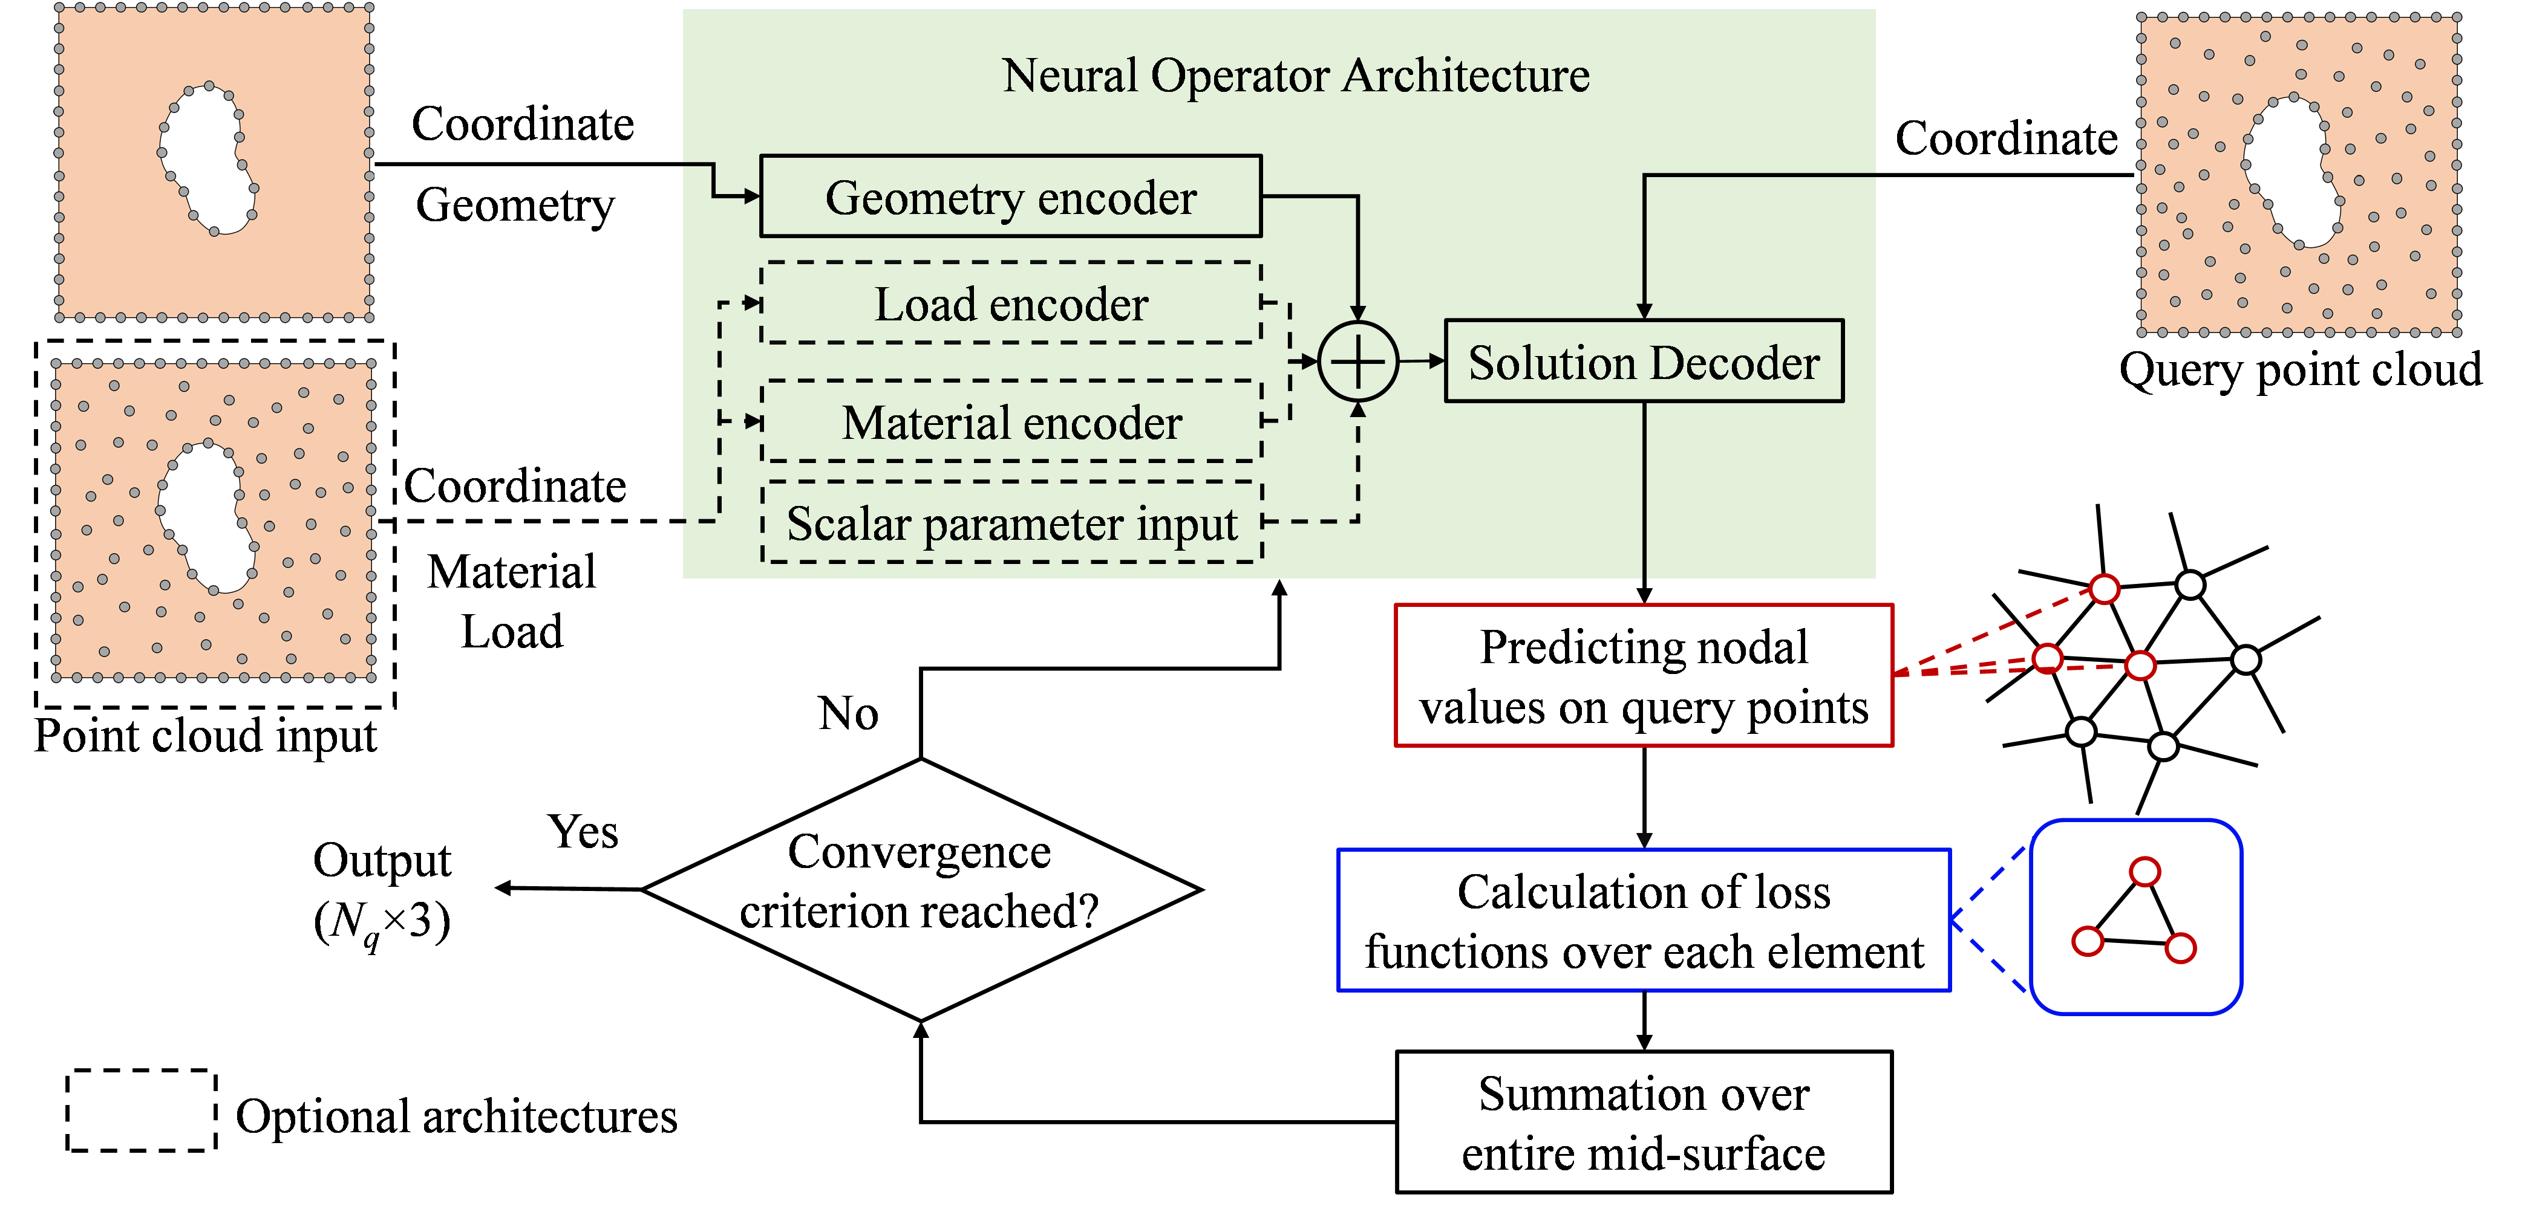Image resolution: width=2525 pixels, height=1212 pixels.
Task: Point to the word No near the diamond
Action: pos(848,713)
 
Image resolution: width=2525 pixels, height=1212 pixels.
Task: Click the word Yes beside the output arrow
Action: pos(583,832)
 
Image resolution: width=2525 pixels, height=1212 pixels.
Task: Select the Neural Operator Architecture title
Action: pos(1296,76)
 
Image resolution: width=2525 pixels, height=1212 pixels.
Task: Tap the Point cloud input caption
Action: pos(206,736)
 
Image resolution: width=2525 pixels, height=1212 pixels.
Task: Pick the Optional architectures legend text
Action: pos(457,1116)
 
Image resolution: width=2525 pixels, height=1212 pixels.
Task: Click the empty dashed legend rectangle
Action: pos(141,1071)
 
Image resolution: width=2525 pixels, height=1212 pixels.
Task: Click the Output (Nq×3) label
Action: pos(382,890)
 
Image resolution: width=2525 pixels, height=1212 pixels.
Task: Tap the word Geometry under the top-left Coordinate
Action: pos(515,206)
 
